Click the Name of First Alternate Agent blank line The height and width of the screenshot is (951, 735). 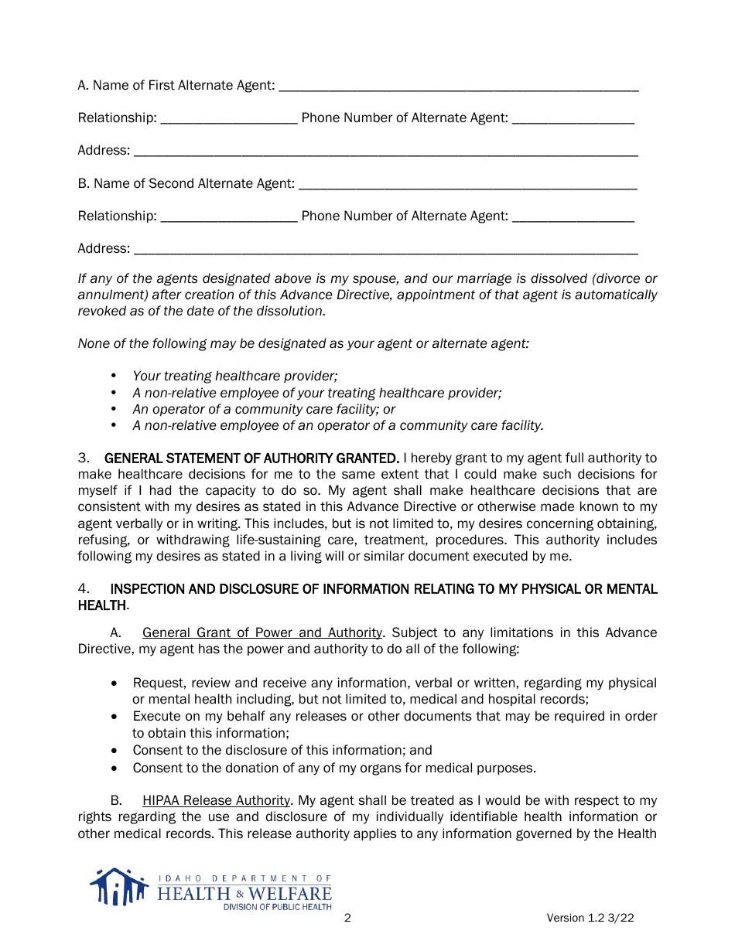(458, 87)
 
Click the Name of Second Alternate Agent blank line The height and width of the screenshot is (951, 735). (467, 185)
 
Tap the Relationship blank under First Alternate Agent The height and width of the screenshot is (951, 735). (229, 119)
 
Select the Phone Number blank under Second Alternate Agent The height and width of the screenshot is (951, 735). (573, 217)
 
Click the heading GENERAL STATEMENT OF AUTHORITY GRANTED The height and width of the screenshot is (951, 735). (251, 458)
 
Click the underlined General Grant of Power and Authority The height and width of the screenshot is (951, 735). (262, 632)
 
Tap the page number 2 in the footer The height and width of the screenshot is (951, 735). (347, 918)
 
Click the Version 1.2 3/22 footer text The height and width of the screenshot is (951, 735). (590, 918)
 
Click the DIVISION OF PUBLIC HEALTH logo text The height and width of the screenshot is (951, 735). (277, 907)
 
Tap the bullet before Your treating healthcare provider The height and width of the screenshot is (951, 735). (114, 376)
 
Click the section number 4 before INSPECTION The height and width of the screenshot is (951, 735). (84, 588)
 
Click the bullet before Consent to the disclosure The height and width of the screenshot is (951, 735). (115, 751)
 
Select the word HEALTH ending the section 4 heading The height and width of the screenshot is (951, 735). (101, 605)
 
